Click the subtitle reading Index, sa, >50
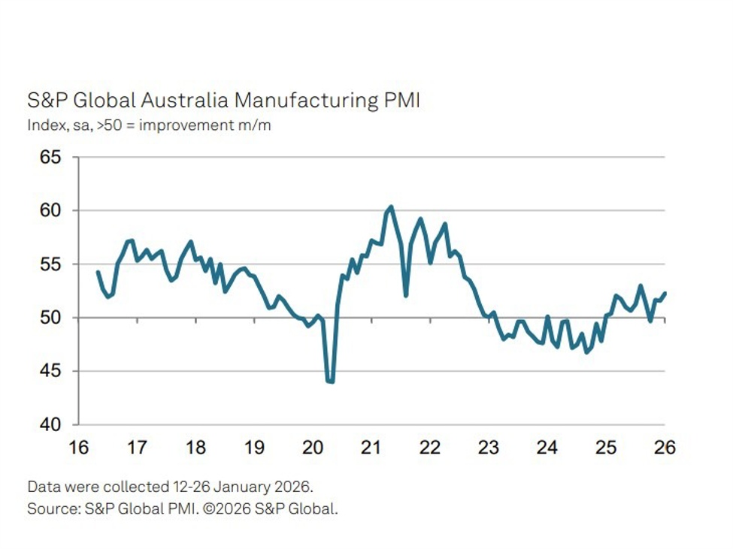click(x=149, y=125)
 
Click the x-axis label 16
click(x=77, y=448)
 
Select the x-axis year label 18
click(x=195, y=448)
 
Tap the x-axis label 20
click(x=313, y=448)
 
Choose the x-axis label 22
click(x=430, y=448)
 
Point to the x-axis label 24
click(x=547, y=448)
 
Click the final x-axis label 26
click(x=665, y=448)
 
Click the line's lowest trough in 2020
click(x=330, y=382)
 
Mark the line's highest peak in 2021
click(x=391, y=207)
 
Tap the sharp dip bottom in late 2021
click(x=406, y=295)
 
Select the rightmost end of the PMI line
click(x=665, y=293)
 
